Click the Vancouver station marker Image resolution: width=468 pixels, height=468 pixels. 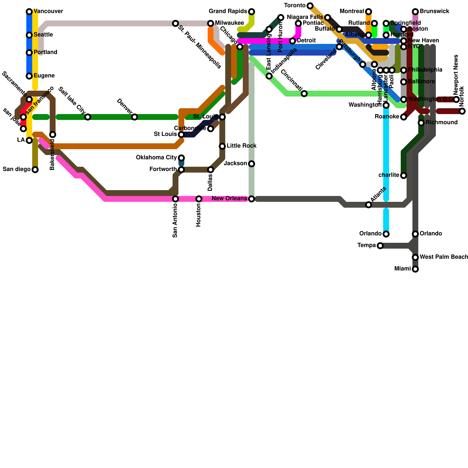(29, 12)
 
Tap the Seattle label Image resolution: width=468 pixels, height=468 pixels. (43, 35)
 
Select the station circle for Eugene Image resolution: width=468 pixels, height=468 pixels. (29, 76)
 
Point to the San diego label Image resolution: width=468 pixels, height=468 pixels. (17, 169)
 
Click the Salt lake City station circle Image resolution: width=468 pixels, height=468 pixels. (88, 117)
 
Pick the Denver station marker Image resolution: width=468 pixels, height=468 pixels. (135, 117)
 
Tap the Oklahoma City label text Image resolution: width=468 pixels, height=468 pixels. (156, 158)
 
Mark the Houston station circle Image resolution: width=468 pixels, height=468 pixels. (199, 199)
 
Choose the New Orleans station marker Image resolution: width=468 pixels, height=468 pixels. (252, 199)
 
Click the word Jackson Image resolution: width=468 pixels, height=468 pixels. (235, 164)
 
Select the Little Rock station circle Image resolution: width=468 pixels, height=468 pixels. (222, 146)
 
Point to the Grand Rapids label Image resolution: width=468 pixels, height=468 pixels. (228, 11)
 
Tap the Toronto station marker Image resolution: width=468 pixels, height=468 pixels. (310, 6)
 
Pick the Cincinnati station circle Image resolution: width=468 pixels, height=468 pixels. (304, 94)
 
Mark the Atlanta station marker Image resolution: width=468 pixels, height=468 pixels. (369, 205)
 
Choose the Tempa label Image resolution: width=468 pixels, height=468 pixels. (367, 245)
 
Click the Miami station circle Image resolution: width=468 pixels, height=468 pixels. (415, 269)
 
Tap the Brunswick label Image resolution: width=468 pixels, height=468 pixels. (434, 11)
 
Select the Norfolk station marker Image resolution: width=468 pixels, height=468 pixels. (462, 111)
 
